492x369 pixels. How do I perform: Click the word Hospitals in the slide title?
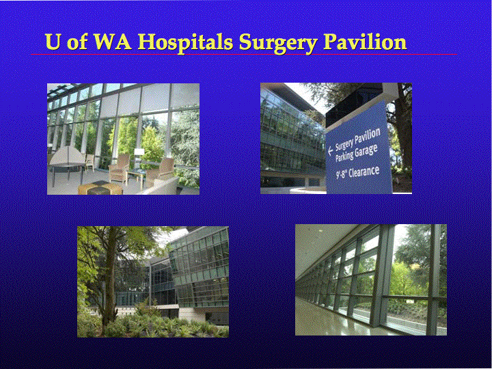tap(185, 42)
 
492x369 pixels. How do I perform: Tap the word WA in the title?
tap(113, 42)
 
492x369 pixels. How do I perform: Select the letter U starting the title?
tap(53, 42)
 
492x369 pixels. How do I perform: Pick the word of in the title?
tap(77, 42)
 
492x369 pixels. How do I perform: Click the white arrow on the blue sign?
tap(330, 151)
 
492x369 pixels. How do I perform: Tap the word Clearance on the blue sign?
tap(364, 172)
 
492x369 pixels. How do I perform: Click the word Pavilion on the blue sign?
tap(368, 135)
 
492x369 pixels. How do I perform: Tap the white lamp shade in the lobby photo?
tap(139, 152)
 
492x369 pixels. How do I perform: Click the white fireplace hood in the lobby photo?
tap(67, 156)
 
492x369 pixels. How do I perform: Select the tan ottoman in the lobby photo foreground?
tap(100, 188)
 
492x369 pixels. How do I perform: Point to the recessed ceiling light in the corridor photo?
tap(320, 231)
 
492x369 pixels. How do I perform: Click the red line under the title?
tap(244, 54)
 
